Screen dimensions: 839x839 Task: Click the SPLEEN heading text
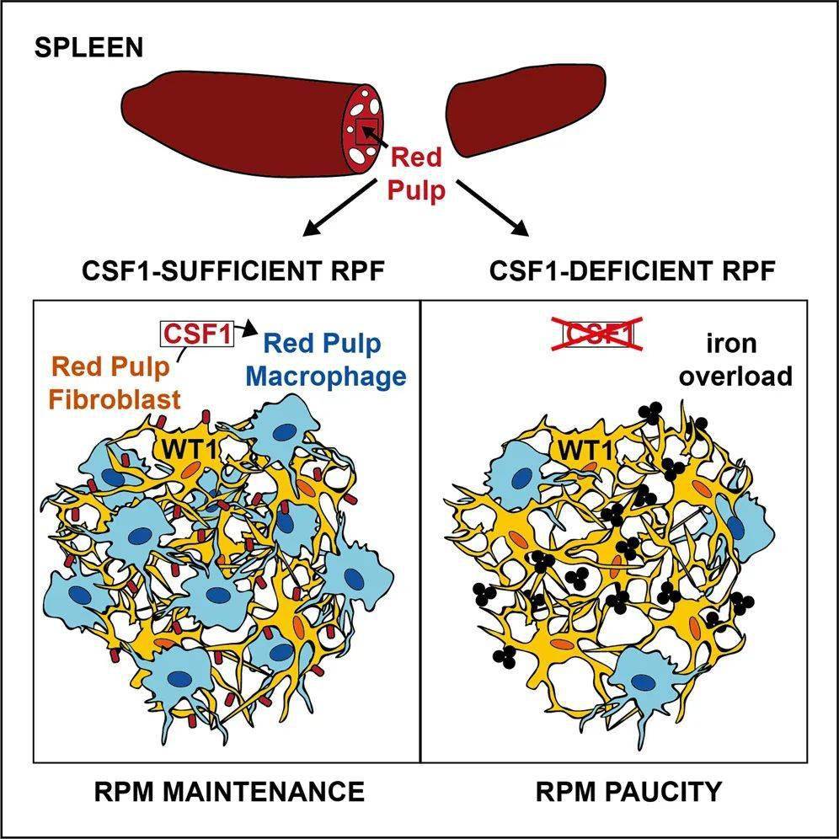click(88, 48)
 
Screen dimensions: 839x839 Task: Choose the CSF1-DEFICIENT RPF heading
click(632, 271)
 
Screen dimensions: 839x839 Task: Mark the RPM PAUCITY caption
click(629, 792)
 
